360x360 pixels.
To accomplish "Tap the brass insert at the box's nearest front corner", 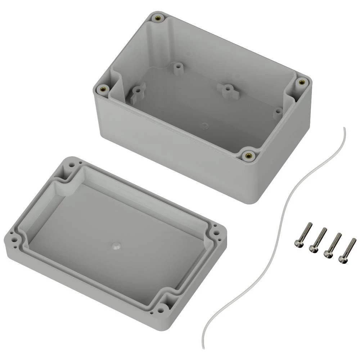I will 248,156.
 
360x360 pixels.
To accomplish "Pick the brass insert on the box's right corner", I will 301,82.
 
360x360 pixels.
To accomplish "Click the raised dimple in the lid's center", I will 116,246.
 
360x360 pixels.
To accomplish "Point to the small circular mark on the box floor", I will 205,126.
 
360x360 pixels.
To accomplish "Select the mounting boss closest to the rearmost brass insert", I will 177,67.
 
